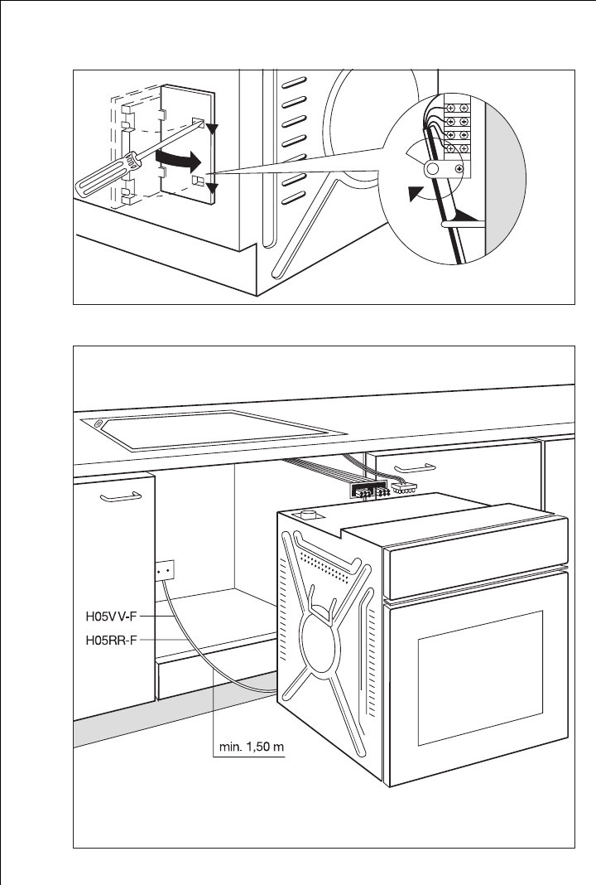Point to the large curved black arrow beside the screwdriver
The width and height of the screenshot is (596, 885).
[178, 160]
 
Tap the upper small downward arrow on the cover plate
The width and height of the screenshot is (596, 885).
[211, 129]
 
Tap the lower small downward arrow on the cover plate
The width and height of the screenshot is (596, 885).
[211, 188]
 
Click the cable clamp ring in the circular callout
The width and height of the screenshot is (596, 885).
[433, 167]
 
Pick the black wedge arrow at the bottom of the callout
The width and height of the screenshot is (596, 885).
[468, 215]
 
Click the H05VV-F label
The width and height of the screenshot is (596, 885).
[111, 617]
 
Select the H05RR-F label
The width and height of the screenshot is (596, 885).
[111, 640]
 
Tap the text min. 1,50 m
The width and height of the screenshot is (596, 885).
[252, 747]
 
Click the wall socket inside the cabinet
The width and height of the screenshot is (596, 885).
[165, 570]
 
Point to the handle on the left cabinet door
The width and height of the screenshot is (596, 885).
[121, 496]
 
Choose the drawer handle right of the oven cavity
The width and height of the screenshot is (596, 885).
[415, 468]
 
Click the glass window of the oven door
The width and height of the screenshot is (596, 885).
[480, 677]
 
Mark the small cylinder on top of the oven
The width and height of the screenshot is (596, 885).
[308, 515]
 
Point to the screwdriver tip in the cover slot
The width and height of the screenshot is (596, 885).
[199, 123]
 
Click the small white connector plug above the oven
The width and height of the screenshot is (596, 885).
[404, 487]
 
